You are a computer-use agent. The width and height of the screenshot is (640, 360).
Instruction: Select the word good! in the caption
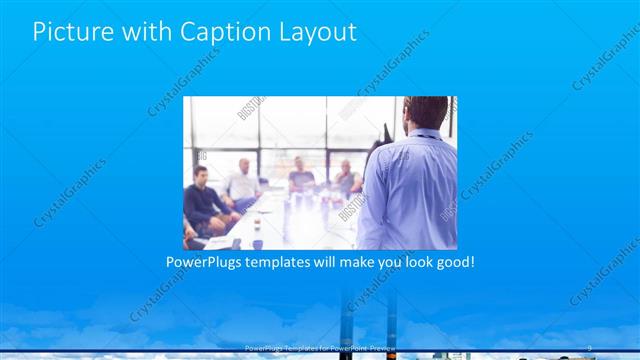click(x=452, y=263)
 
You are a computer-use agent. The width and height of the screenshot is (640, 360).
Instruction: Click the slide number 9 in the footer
click(x=590, y=347)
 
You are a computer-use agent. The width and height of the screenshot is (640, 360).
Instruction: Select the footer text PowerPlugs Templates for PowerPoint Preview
click(x=320, y=347)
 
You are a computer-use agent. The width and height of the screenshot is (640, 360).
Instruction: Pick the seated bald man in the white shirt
click(x=242, y=180)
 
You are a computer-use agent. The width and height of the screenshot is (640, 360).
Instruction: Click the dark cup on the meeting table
click(x=257, y=242)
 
